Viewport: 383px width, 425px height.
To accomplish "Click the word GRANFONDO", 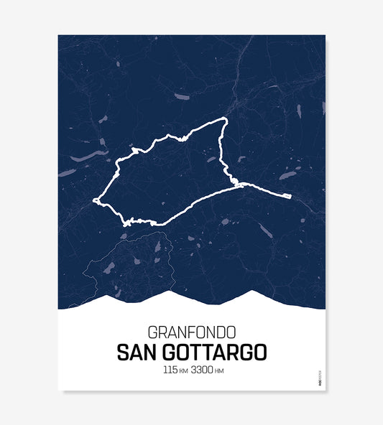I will pyautogui.click(x=191, y=333).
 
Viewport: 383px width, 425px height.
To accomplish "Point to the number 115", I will pyautogui.click(x=170, y=370).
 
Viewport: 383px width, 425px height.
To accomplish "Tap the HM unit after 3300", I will pyautogui.click(x=220, y=371).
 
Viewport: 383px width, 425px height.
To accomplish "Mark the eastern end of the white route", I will pyautogui.click(x=289, y=195).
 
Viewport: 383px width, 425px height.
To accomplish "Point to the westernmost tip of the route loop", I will pyautogui.click(x=94, y=201).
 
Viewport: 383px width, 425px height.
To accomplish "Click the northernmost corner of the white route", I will pyautogui.click(x=226, y=118).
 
